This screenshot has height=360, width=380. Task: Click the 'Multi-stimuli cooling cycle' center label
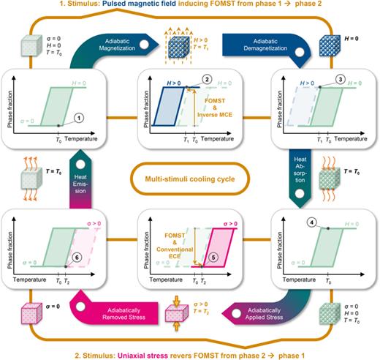pyautogui.click(x=189, y=176)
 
